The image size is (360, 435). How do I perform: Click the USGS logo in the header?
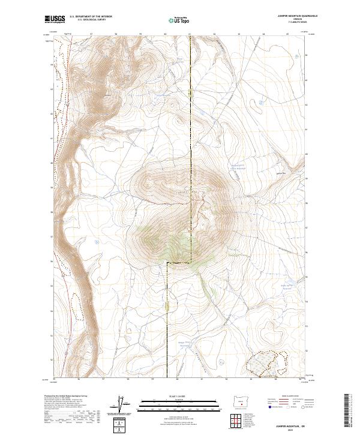click(55, 19)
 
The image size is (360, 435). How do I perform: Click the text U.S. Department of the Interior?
click(91, 16)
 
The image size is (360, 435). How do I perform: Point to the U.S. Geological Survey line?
click(91, 20)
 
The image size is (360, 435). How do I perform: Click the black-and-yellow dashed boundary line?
click(191, 150)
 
